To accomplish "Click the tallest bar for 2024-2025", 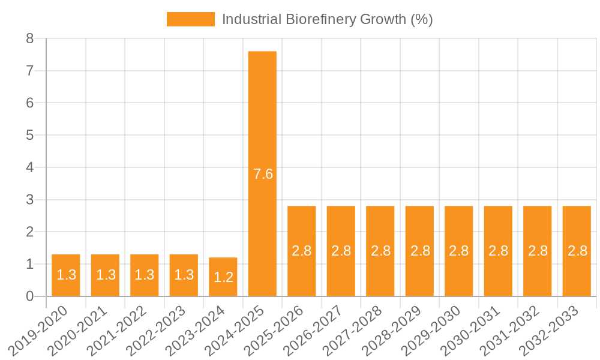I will pos(262,120).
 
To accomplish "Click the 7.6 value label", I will pos(263,174).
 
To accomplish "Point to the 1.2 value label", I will pos(223,278).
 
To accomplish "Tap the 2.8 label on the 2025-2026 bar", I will pos(302,251).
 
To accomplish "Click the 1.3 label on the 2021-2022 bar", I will pos(145,275).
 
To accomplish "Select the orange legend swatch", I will pos(190,19).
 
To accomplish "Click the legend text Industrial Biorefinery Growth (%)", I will pos(327,19).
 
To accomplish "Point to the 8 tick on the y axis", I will pos(29,39).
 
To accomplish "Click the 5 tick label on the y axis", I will pos(29,135).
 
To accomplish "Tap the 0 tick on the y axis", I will pos(29,296).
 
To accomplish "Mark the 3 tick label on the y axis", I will pos(29,200).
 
